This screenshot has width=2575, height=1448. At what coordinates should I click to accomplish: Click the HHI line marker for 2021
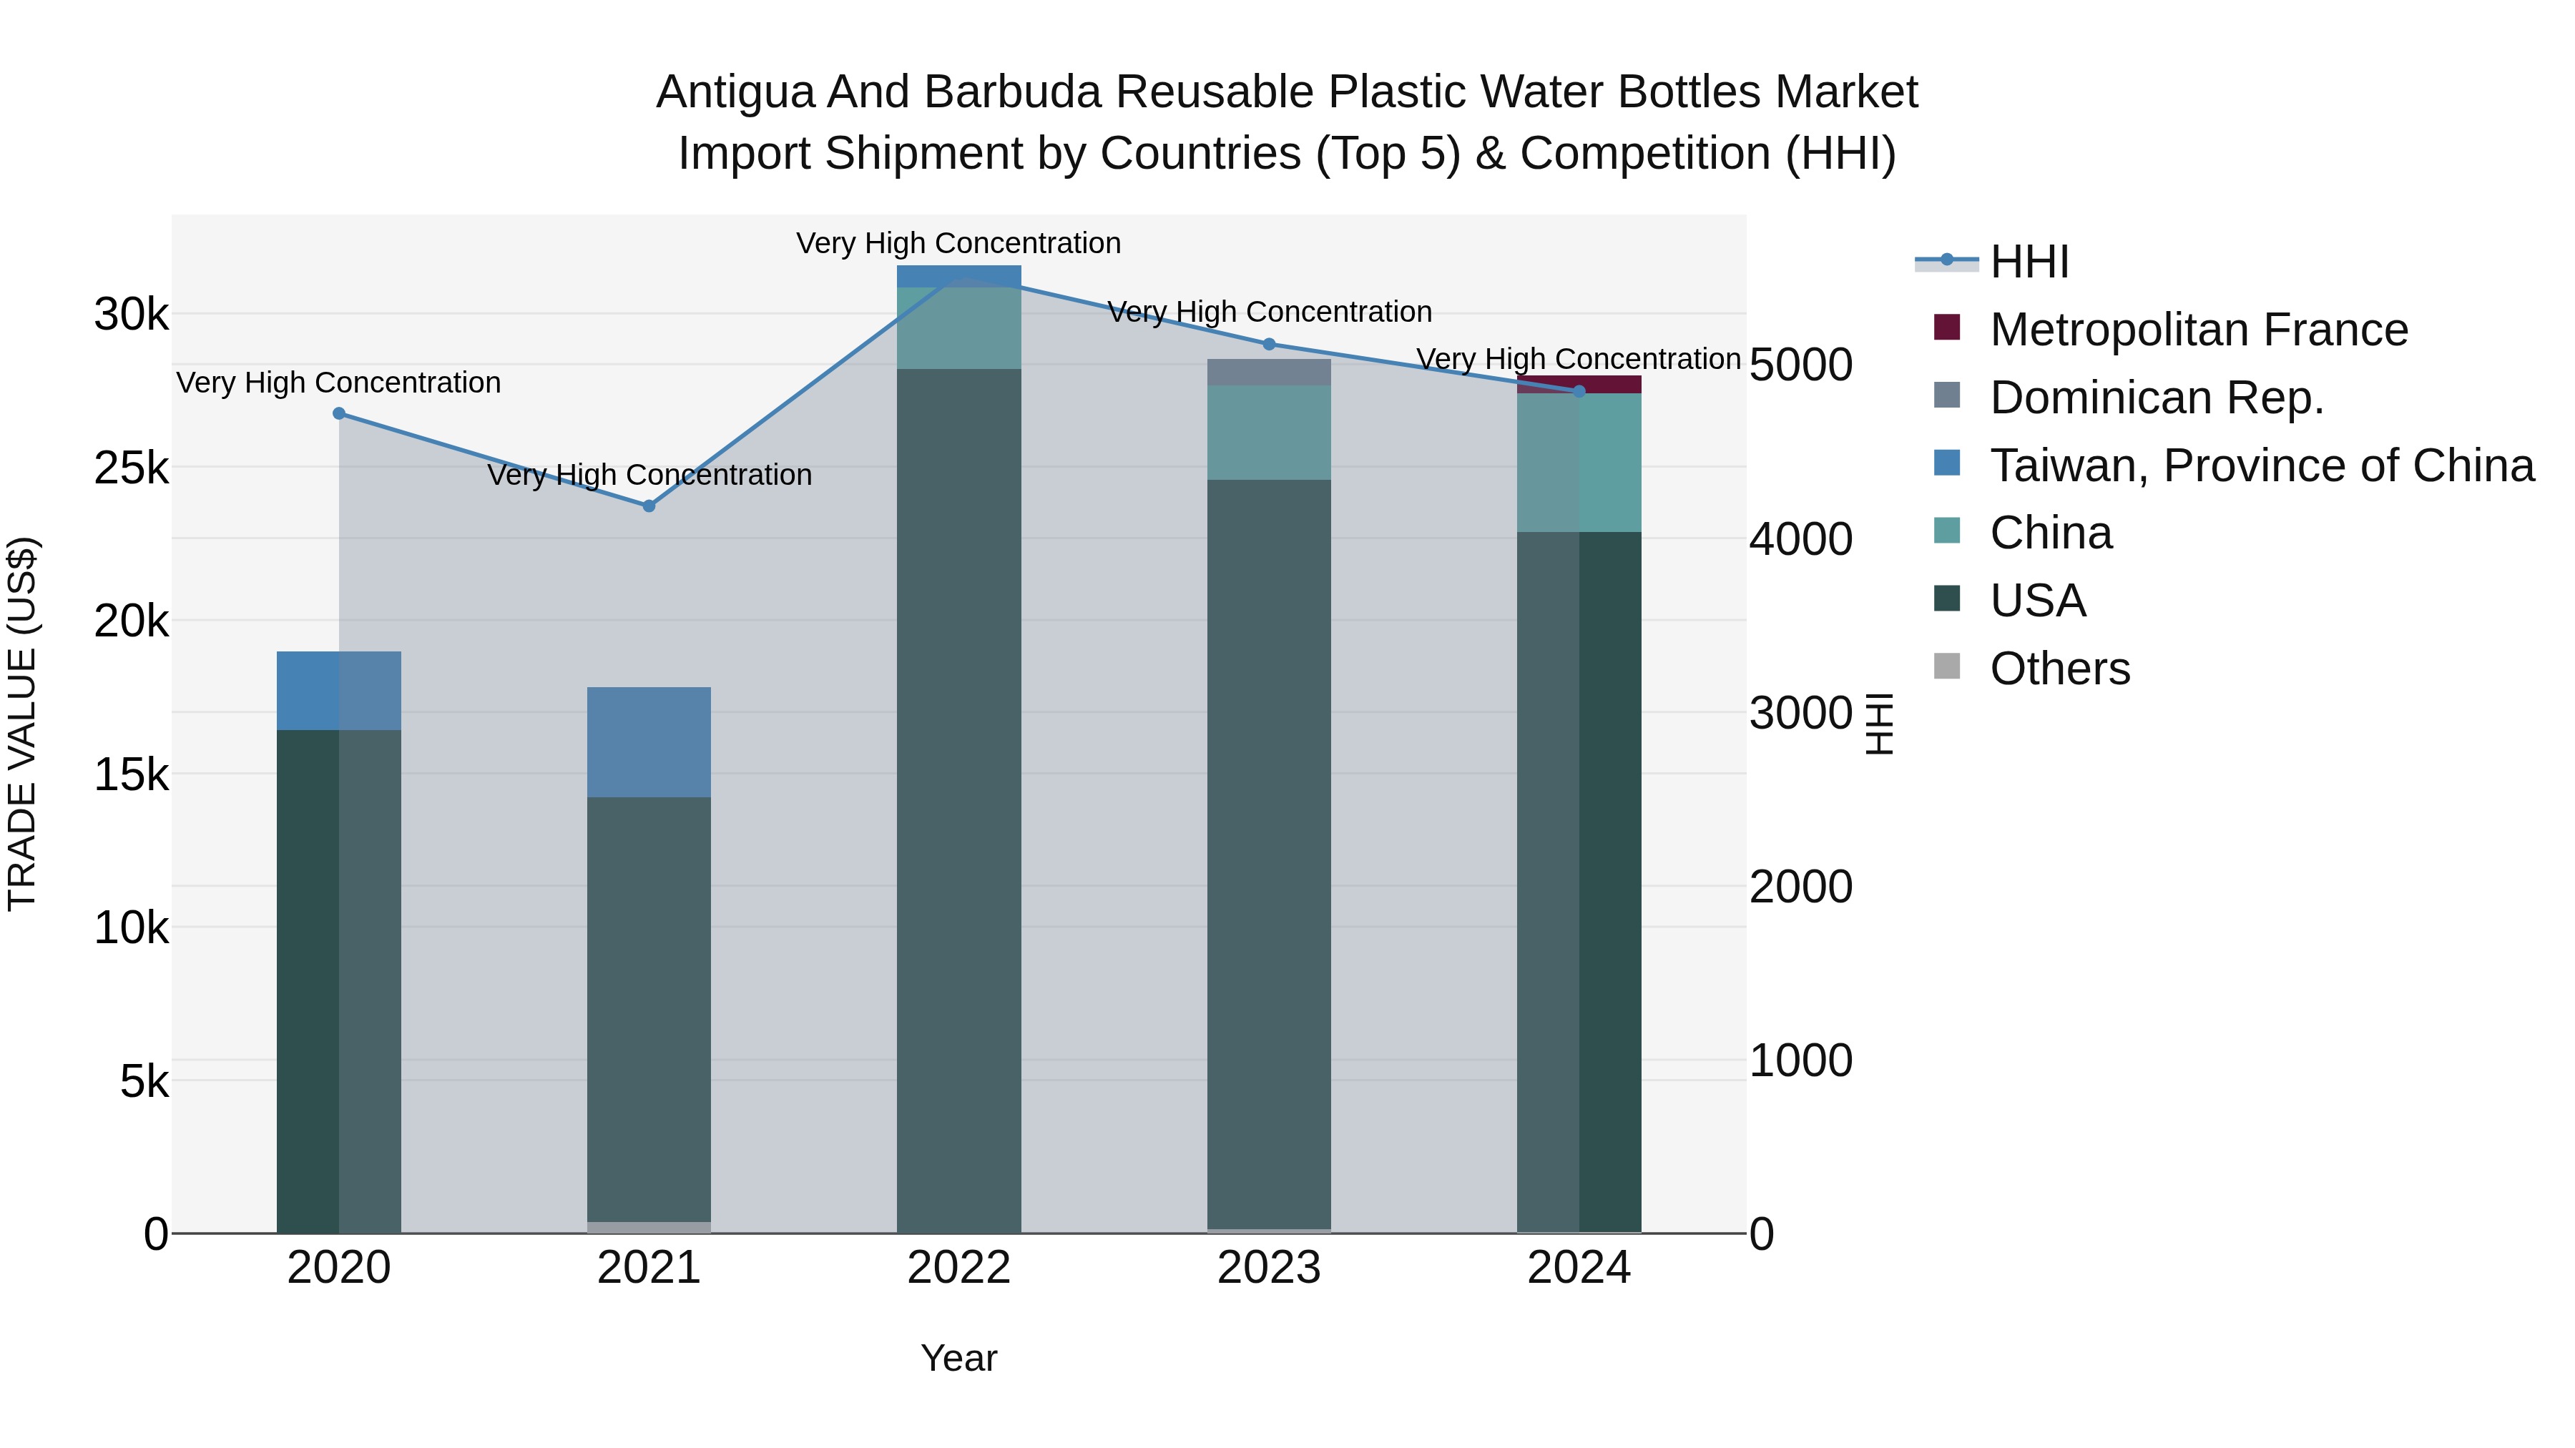[649, 506]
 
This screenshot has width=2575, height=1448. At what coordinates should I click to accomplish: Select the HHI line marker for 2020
[339, 413]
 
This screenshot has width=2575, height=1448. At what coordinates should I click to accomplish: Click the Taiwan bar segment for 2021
[649, 742]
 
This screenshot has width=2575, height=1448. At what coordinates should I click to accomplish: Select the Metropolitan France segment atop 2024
[1579, 384]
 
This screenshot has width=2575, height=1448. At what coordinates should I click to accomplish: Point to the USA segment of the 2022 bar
[958, 799]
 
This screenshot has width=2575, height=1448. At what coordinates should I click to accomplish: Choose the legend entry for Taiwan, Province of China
[2261, 465]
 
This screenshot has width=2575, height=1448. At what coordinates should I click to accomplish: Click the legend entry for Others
[2059, 668]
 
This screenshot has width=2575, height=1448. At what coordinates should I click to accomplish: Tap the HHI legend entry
[2029, 262]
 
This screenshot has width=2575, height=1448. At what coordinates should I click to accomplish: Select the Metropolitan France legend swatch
[1946, 327]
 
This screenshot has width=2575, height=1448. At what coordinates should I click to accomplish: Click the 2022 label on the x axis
[958, 1268]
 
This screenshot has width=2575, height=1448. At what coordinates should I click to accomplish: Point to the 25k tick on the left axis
[131, 468]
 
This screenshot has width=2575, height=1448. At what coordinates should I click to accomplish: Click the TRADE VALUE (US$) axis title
[22, 724]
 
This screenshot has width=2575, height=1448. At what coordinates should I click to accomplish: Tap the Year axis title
[958, 1358]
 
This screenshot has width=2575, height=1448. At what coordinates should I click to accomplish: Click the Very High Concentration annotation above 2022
[958, 243]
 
